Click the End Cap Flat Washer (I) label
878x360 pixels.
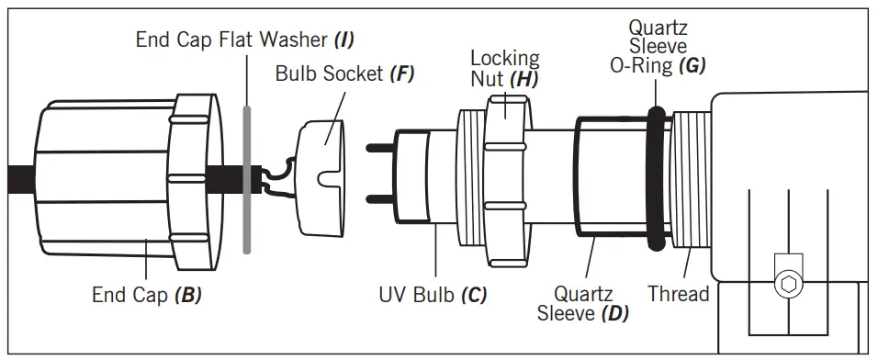coord(244,39)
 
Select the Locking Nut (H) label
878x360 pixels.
coord(503,68)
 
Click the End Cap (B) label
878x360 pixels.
coord(147,296)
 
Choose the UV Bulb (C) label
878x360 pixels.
coord(433,296)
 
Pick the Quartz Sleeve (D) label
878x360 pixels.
coord(582,303)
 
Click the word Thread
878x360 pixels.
coord(678,294)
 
